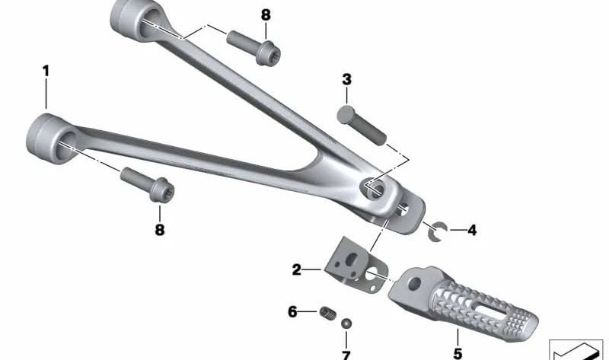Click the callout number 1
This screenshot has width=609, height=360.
(x=46, y=72)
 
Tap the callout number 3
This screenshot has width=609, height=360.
(x=346, y=80)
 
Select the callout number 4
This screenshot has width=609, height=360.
(x=472, y=231)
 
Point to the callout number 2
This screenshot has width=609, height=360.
(x=297, y=269)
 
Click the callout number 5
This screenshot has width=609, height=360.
(x=458, y=353)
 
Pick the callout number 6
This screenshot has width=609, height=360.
(x=292, y=311)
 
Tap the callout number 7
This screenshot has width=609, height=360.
(x=346, y=355)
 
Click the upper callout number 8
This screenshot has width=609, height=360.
(x=266, y=15)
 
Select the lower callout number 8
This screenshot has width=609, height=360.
(x=160, y=230)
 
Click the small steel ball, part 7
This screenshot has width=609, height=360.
(x=346, y=323)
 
